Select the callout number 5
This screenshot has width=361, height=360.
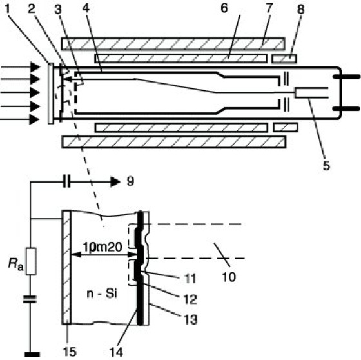pos(326,165)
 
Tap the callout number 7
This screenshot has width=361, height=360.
pos(269,8)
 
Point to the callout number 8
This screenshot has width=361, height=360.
pos(300,9)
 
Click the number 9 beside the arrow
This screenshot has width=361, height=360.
pos(130,181)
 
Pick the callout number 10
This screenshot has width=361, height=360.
pos(229,276)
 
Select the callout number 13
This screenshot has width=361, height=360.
pos(190,319)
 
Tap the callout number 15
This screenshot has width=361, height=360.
pos(70,352)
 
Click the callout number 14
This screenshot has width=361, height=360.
pos(116,352)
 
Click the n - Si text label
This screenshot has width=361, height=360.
pos(102,294)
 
